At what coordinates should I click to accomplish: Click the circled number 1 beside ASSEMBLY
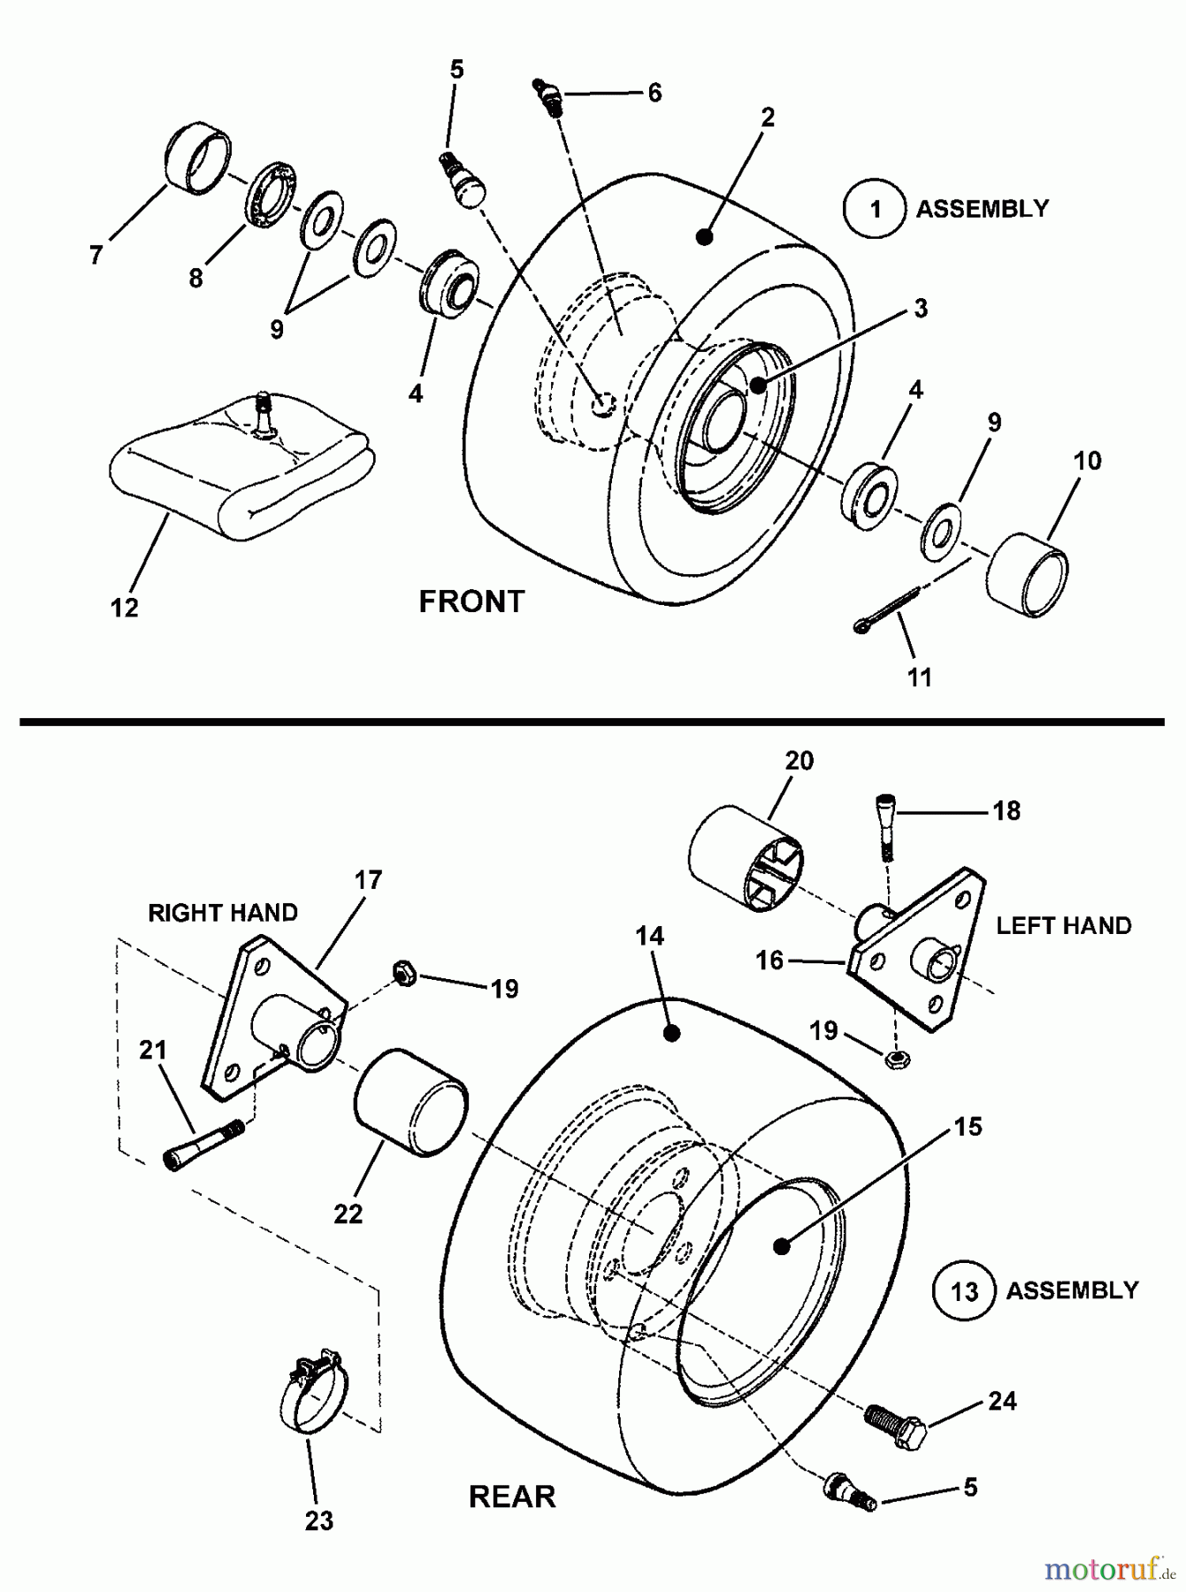pos(875,209)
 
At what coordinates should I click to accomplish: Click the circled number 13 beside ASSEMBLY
pos(964,1291)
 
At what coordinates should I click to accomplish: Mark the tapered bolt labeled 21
pos(203,1144)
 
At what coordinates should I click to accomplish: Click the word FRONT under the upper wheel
pos(471,602)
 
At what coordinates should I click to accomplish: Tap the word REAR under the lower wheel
pos(512,1496)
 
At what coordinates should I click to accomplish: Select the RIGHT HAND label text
pos(223,913)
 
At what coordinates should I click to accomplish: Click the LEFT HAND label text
pos(1063,926)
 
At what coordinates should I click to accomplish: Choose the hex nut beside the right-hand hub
pos(402,974)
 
